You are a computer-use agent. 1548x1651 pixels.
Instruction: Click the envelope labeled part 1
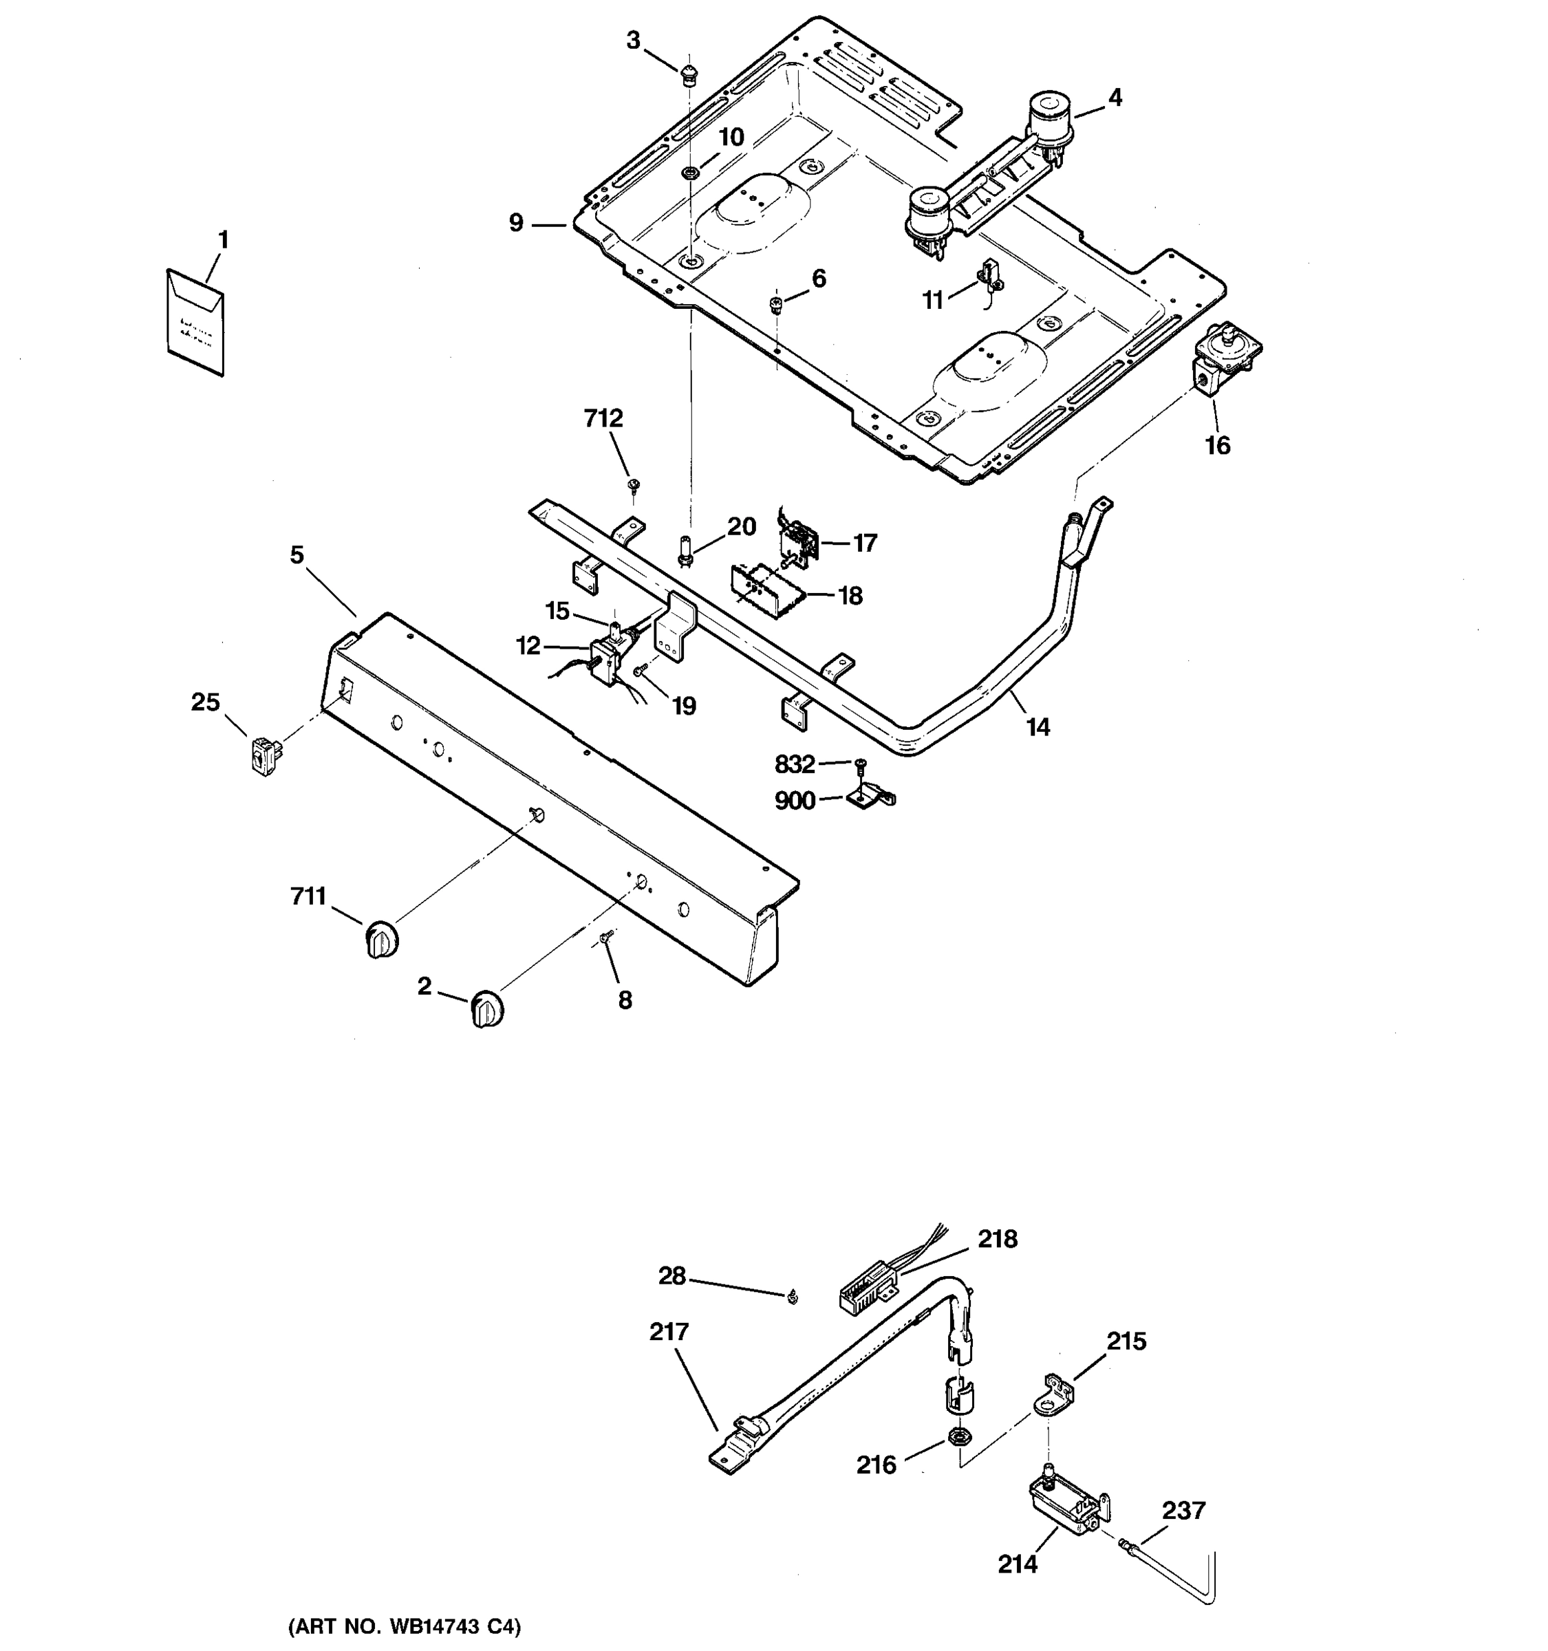[196, 322]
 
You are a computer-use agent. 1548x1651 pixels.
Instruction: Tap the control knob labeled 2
[488, 1009]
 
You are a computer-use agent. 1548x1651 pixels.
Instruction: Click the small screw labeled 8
[605, 936]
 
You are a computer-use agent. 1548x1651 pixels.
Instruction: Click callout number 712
[603, 418]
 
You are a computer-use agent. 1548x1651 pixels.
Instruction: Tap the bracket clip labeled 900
[870, 799]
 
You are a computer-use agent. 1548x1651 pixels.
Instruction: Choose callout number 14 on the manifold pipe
[1038, 728]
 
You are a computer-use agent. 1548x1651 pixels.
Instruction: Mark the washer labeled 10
[689, 173]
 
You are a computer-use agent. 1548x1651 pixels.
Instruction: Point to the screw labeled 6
[775, 304]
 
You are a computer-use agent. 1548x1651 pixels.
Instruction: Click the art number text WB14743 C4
[405, 1626]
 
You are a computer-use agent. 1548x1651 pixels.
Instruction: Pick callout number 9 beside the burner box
[517, 224]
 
